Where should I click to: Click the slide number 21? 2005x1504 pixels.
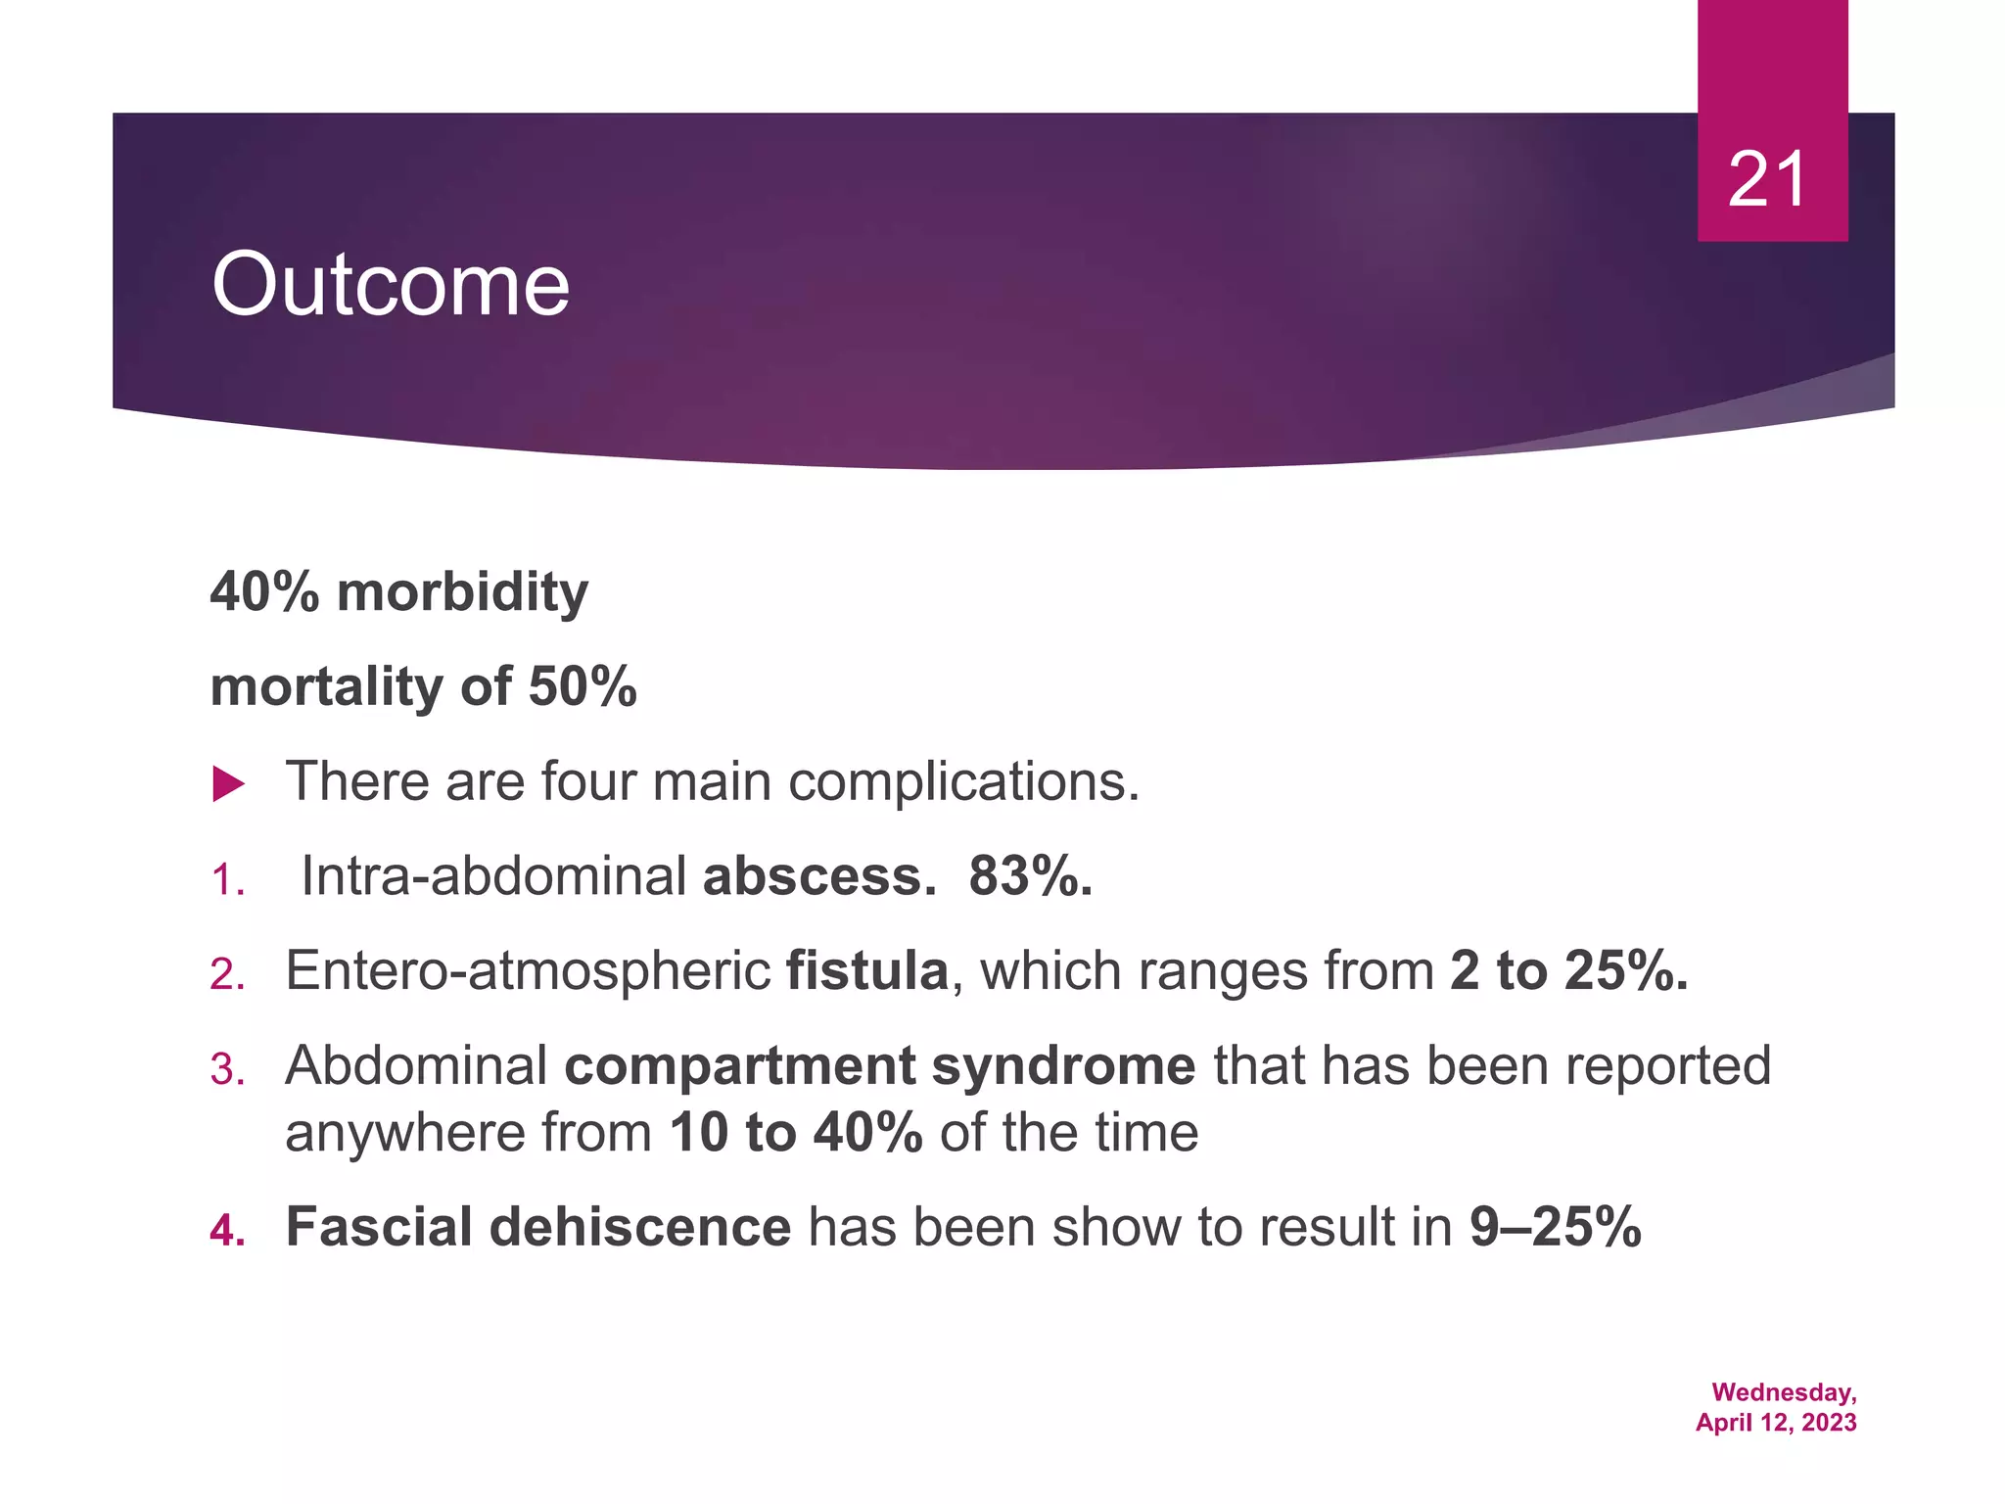coord(1767,180)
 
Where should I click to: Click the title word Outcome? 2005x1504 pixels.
coord(390,284)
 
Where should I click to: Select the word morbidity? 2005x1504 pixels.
coord(462,592)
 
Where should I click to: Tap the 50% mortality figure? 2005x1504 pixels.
coord(583,686)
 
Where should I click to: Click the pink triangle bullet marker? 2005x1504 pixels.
coord(228,784)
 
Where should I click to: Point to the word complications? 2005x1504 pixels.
coord(963,782)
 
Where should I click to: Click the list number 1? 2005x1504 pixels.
coord(226,880)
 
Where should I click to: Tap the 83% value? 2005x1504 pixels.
coord(1030,876)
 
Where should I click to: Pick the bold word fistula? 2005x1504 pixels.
coord(867,971)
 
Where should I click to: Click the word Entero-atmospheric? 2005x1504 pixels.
coord(528,971)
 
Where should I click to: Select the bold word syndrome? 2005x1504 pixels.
coord(1063,1066)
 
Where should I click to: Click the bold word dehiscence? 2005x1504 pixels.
coord(639,1227)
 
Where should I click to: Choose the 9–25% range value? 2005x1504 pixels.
coord(1555,1227)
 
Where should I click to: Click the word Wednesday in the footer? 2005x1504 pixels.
coord(1783,1392)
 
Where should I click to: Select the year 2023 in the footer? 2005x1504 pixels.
coord(1828,1423)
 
